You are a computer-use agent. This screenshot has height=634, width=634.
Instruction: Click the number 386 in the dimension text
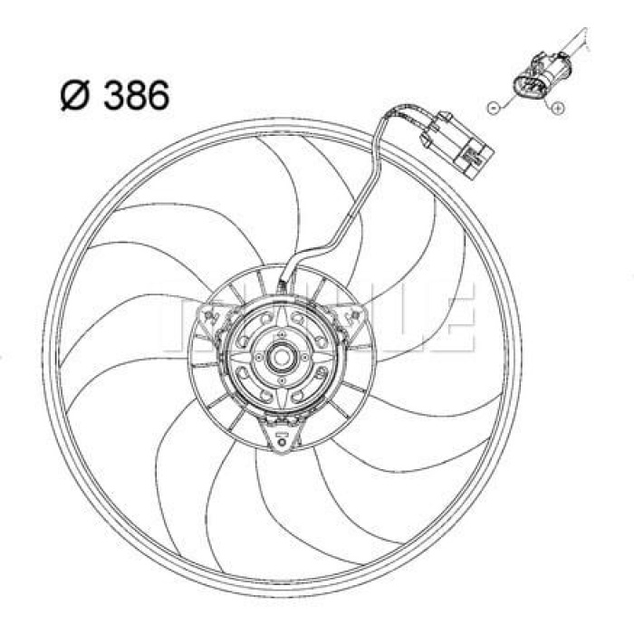pos(136,94)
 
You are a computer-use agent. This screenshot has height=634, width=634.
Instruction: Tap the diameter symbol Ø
pos(75,95)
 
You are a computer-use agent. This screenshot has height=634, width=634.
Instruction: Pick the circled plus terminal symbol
pos(559,110)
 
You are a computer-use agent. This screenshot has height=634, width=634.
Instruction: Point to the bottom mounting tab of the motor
pos(282,439)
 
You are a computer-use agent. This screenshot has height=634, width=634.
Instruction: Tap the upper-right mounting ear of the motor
pos(356,315)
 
